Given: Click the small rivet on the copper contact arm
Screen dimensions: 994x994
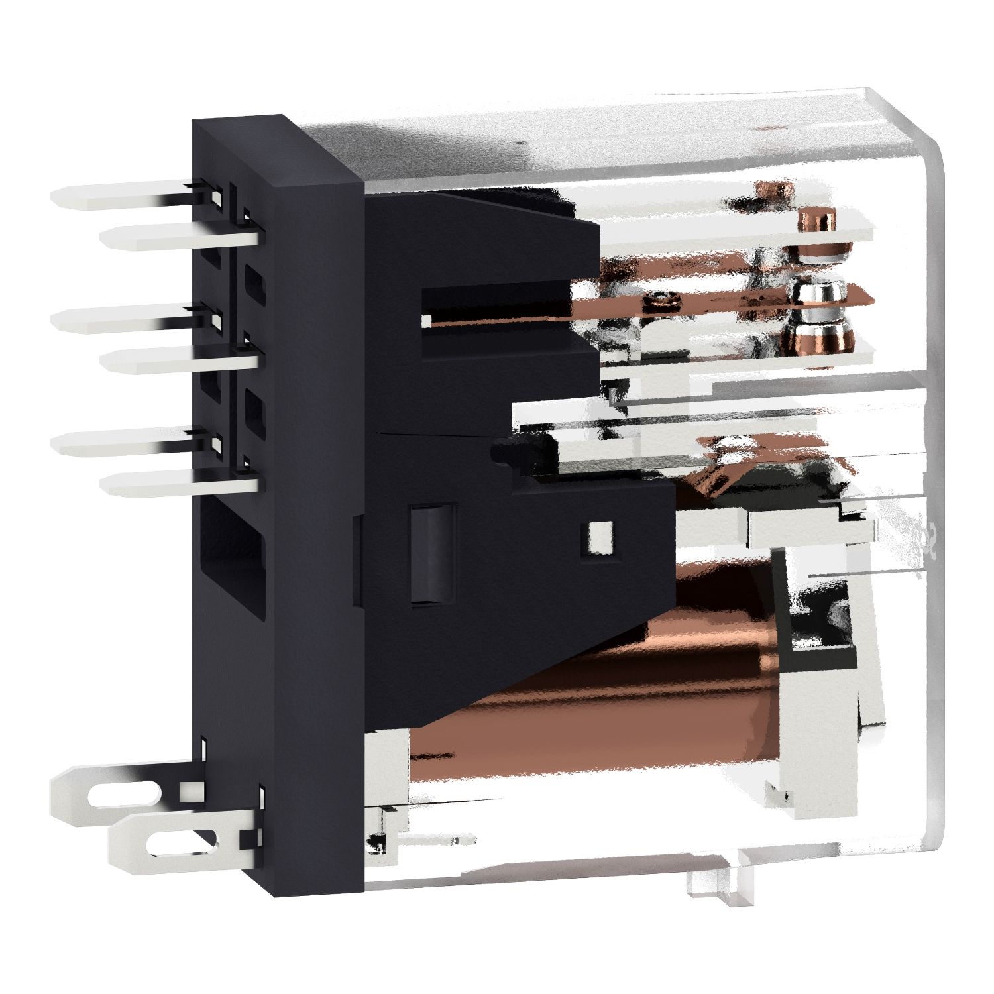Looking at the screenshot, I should coord(663,301).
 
